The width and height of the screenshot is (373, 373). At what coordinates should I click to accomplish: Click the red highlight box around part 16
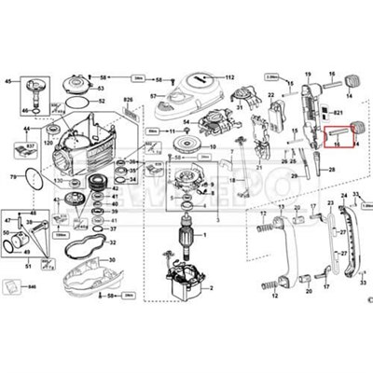coord(341,136)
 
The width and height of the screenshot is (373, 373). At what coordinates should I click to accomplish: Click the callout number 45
coord(10,83)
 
